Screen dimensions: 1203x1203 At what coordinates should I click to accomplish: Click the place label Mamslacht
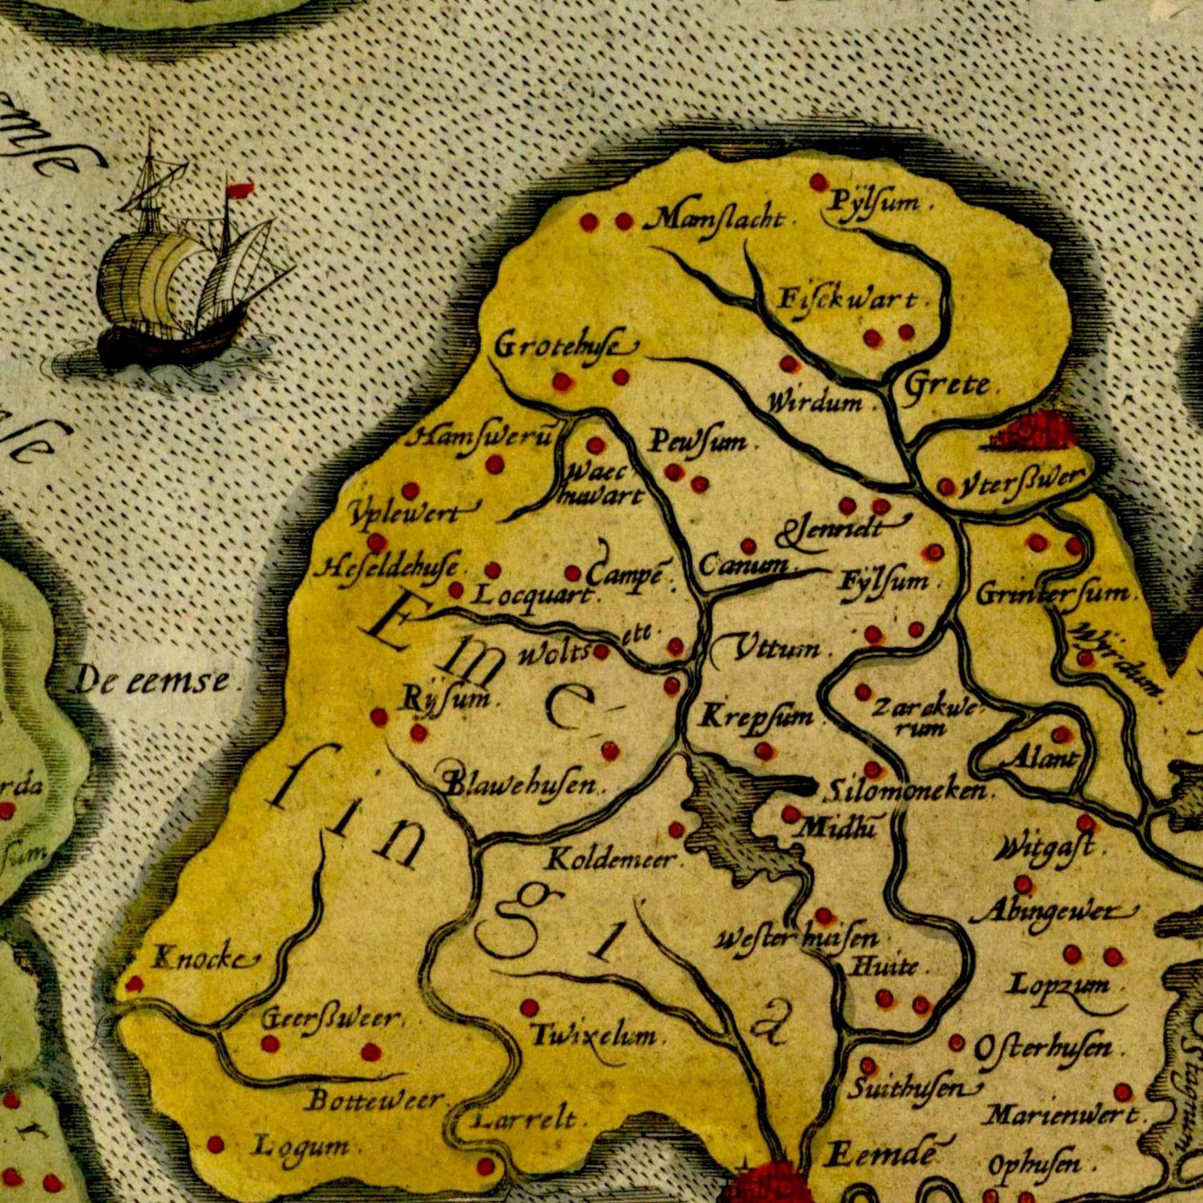click(x=716, y=220)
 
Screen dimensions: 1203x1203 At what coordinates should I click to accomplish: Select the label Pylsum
click(x=875, y=202)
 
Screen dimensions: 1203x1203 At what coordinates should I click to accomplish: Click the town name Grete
click(x=947, y=385)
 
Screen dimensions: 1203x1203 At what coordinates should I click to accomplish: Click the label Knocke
click(x=201, y=959)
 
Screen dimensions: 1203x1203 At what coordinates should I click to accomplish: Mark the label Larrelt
click(x=524, y=1120)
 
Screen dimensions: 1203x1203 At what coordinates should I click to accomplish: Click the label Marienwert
click(x=1061, y=1114)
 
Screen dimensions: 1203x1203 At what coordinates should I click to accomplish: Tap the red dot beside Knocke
click(x=133, y=985)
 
